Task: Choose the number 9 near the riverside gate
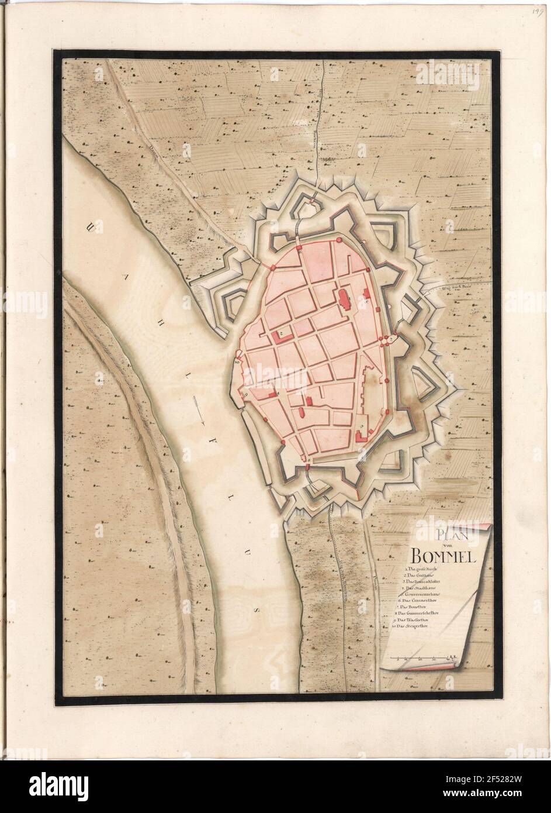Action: (x=246, y=395)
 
